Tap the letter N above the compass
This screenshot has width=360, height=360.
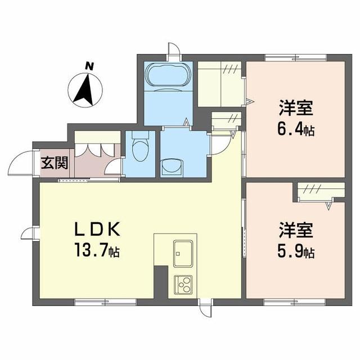coord(88,65)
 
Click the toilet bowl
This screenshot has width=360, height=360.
coord(139,151)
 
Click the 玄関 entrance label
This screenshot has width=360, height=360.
coord(54,164)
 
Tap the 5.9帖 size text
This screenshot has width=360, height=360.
coord(295,253)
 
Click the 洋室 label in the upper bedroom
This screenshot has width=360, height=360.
coord(294,107)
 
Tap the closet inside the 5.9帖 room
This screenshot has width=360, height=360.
coord(321,191)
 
